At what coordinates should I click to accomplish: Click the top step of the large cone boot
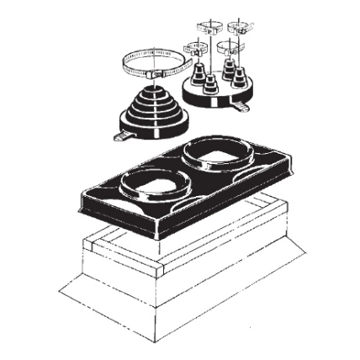pos(151,84)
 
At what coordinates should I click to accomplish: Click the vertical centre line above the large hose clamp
pos(154,38)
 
